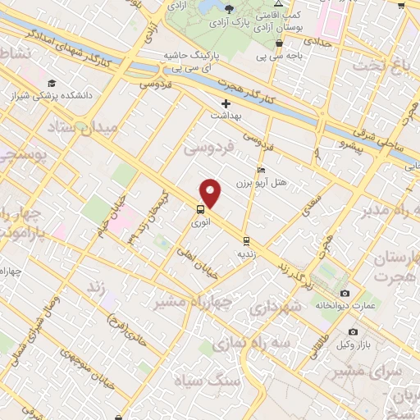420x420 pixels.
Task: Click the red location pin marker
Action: pyautogui.click(x=212, y=192)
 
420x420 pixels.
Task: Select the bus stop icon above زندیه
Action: pyautogui.click(x=246, y=240)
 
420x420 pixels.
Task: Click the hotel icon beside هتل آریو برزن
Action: pyautogui.click(x=262, y=170)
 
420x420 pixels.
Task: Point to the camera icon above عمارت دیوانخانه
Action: pyautogui.click(x=345, y=294)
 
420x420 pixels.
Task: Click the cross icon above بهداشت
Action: pyautogui.click(x=226, y=104)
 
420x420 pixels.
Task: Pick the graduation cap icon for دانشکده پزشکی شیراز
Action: pyautogui.click(x=52, y=83)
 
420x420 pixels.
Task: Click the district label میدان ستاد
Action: pyautogui.click(x=84, y=128)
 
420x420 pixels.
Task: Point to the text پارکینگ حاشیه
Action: pyautogui.click(x=193, y=55)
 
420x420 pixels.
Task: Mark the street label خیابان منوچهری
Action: pyautogui.click(x=75, y=364)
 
